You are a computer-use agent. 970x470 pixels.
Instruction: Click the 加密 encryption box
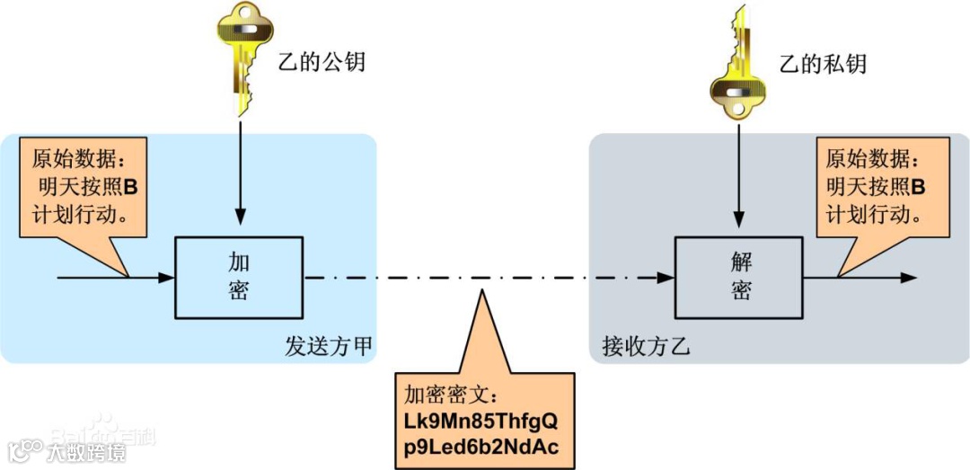pyautogui.click(x=239, y=277)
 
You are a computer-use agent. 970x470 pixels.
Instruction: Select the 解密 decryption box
pyautogui.click(x=739, y=277)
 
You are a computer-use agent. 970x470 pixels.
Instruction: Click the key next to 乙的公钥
pyautogui.click(x=240, y=59)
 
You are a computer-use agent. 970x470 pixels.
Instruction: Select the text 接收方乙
pyautogui.click(x=645, y=347)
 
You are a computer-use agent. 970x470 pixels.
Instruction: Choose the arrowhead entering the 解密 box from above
pyautogui.click(x=739, y=216)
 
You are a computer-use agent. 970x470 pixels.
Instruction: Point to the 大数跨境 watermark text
pyautogui.click(x=87, y=451)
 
